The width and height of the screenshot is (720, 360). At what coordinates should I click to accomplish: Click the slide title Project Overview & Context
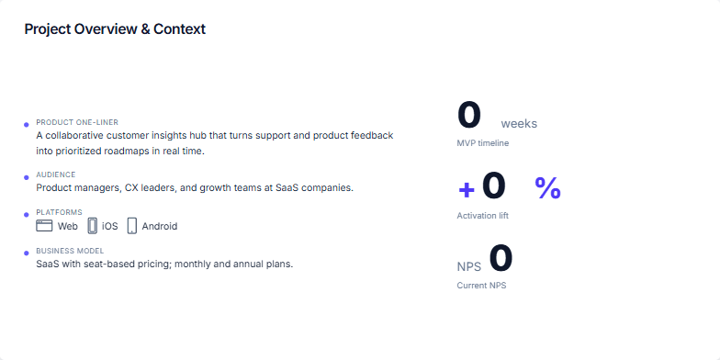coord(115,29)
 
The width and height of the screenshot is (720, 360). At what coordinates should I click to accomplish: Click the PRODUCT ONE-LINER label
coord(77,122)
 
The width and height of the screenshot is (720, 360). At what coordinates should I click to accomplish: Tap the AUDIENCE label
coord(56,174)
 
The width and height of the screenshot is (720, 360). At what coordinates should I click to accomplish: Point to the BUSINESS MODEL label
coord(70,251)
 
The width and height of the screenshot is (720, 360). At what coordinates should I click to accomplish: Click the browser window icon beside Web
coord(44,225)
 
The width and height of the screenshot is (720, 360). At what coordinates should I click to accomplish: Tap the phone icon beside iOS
coord(93,225)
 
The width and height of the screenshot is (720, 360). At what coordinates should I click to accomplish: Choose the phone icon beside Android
coord(132,225)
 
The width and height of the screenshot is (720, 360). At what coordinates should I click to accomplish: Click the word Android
coord(160,226)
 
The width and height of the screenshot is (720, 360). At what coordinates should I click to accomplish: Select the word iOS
coord(109,226)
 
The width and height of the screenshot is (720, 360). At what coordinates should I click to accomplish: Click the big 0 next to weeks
coord(469,116)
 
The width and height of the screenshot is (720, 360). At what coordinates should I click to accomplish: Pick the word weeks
coord(519,124)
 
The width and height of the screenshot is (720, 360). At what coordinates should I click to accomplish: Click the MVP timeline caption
coord(482,143)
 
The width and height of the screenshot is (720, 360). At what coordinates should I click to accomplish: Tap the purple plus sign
coord(467,189)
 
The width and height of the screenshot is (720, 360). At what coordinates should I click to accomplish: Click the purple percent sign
coord(547,187)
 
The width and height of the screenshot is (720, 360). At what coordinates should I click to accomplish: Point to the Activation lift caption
coord(482,215)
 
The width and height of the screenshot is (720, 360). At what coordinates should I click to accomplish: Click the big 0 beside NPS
coord(501,259)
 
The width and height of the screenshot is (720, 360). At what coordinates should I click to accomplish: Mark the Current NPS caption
coord(481,286)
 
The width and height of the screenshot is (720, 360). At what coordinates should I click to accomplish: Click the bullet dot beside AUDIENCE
coord(27,176)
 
